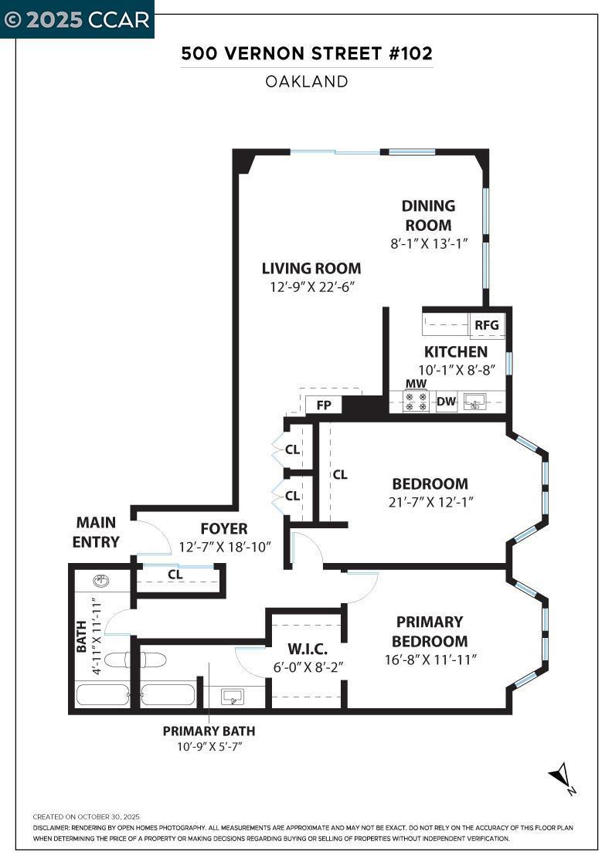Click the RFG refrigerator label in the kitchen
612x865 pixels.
(487, 325)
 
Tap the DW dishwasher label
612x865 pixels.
(446, 402)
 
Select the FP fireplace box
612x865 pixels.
(323, 404)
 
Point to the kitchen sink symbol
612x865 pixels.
(474, 401)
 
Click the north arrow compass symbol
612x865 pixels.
(561, 775)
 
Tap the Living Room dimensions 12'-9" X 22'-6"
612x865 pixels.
(311, 287)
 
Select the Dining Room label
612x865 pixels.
(428, 215)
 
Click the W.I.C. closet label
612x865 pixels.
(304, 647)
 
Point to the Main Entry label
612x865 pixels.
(97, 532)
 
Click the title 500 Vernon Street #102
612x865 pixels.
(307, 54)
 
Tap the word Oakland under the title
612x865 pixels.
(307, 81)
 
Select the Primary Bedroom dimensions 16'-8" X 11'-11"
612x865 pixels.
(430, 660)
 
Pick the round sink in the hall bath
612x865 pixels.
(100, 581)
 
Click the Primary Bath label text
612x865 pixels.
(209, 731)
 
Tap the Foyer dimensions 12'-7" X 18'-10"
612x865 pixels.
(225, 548)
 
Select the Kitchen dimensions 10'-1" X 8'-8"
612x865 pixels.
(456, 369)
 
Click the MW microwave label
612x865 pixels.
(416, 384)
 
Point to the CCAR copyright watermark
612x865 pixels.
(77, 19)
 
